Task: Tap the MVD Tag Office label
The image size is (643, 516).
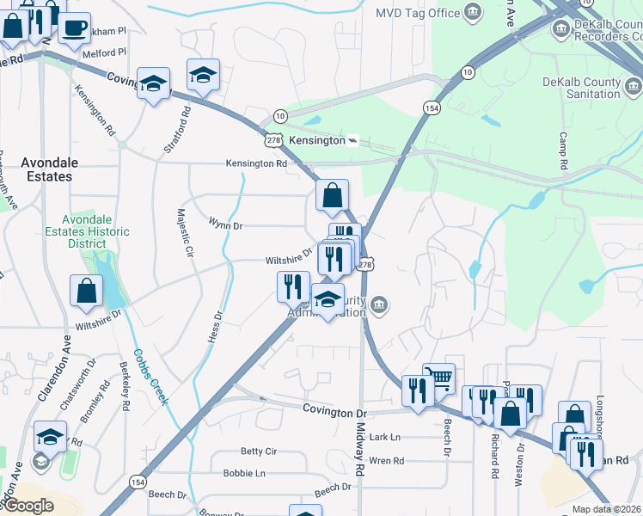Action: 418,13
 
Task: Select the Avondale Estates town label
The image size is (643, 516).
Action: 47,169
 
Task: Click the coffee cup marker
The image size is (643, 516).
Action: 73,27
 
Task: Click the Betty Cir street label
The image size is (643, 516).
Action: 258,451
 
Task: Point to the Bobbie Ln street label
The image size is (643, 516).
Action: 244,473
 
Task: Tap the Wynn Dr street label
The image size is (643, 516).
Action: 226,224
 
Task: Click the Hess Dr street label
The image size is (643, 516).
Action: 215,328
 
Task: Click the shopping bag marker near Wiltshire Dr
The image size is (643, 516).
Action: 87,292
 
